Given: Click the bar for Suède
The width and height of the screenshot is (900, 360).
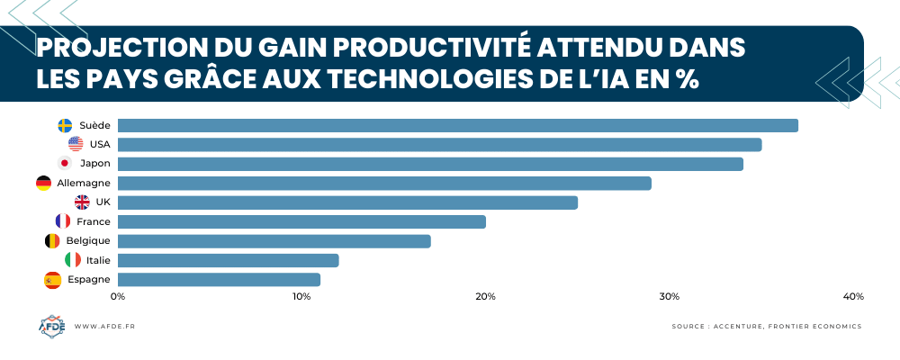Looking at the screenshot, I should click(457, 125).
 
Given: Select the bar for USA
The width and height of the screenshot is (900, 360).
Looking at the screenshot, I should click(439, 144).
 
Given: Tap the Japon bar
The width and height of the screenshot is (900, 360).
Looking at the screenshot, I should click(430, 164).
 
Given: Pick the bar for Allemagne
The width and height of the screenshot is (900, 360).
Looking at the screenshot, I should click(384, 184).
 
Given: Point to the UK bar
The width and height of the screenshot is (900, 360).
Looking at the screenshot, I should click(347, 202).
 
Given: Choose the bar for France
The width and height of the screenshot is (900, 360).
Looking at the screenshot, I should click(301, 221).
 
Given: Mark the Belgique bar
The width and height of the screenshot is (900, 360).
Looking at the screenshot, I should click(274, 241).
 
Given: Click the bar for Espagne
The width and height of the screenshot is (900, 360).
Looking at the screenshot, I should click(219, 280).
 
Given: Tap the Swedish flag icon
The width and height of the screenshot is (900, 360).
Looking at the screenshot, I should click(65, 125).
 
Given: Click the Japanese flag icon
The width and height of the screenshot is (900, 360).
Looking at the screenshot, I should click(65, 164).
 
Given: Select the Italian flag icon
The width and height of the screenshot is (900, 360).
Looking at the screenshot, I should click(73, 260).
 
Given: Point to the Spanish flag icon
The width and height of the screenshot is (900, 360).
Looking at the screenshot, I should click(52, 280).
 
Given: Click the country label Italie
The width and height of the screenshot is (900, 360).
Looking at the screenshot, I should click(99, 260).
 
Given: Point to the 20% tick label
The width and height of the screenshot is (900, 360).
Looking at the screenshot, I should click(486, 297).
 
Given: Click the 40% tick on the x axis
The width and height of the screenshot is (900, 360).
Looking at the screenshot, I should click(853, 297).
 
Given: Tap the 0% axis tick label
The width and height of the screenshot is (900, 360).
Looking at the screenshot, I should click(118, 297).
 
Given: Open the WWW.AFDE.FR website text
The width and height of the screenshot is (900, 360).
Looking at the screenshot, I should click(104, 327).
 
